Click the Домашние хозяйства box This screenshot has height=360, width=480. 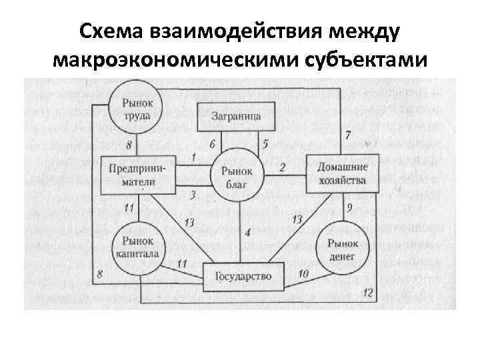click(x=342, y=173)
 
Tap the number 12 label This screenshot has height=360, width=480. click(x=368, y=293)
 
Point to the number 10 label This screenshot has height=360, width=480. click(x=303, y=273)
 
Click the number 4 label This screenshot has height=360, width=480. click(x=247, y=233)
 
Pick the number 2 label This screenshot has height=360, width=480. click(x=282, y=167)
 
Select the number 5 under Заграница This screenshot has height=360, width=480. click(x=265, y=143)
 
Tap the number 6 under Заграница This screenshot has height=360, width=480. click(x=212, y=144)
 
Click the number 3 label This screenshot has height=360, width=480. click(x=193, y=195)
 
